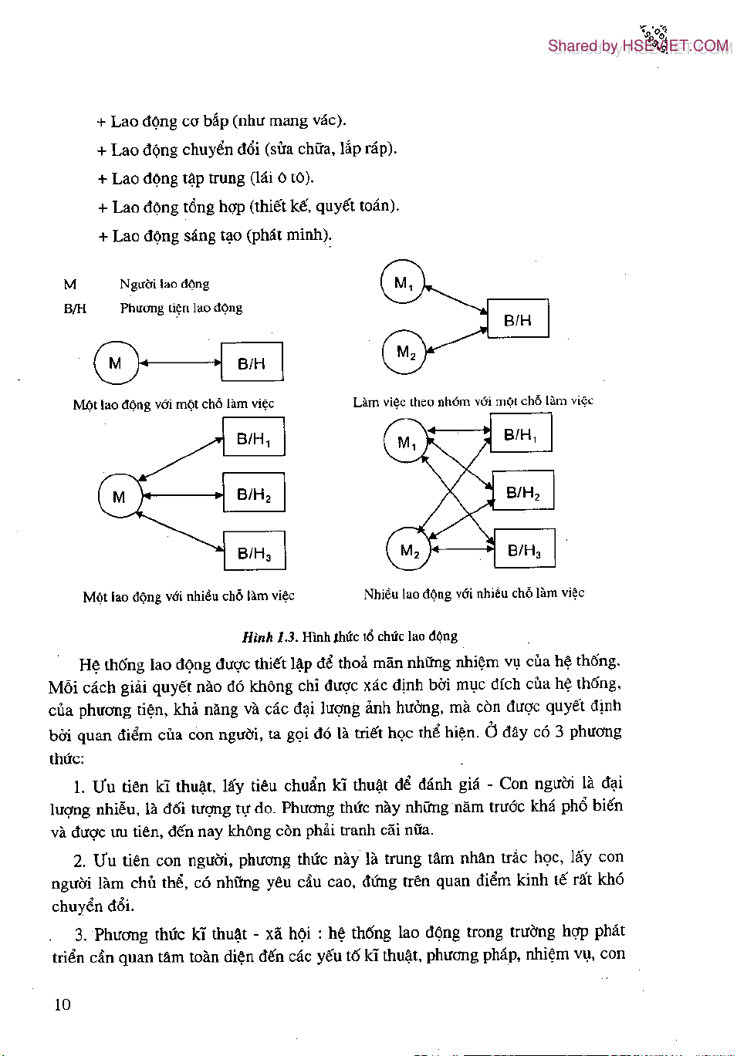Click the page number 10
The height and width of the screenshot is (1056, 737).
point(62,1004)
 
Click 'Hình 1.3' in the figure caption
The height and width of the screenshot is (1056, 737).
point(269,636)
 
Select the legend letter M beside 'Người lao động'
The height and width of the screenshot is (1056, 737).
point(70,285)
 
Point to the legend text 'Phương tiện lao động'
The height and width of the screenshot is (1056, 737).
point(181,308)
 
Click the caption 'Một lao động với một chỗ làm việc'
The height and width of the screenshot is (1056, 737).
point(174,403)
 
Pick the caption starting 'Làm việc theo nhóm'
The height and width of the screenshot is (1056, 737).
point(472,401)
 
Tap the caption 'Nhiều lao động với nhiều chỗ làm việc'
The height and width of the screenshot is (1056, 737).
point(474,593)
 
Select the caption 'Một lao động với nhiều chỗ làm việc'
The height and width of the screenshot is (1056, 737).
point(188,595)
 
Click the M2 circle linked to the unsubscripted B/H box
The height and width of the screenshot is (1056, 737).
point(404,353)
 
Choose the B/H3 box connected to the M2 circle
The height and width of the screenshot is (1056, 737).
point(524,549)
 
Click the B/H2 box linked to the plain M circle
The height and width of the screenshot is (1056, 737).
point(254,494)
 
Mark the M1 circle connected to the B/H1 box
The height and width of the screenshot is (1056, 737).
point(406,441)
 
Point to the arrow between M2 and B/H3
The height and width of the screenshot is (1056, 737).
point(462,549)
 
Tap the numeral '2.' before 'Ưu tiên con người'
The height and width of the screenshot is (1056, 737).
point(79,861)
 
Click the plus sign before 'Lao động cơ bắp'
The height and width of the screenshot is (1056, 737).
point(101,122)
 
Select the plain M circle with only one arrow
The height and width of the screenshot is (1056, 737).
point(116,363)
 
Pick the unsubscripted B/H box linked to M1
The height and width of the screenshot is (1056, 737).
point(518,319)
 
